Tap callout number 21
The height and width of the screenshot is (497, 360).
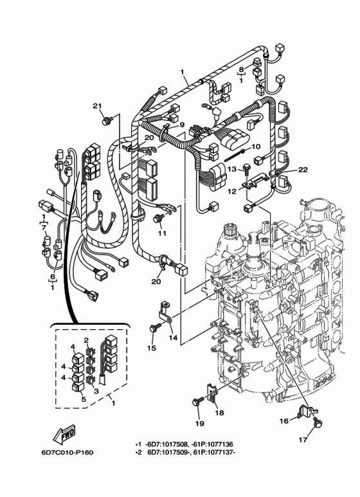tap(97, 106)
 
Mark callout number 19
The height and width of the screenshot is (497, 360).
tap(198, 424)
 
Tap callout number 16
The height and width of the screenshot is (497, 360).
tap(283, 420)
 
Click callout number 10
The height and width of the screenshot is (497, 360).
tap(255, 146)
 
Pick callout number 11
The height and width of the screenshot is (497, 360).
tap(162, 233)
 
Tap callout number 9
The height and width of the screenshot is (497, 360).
tap(182, 125)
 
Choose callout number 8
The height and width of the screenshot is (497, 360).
tap(241, 69)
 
